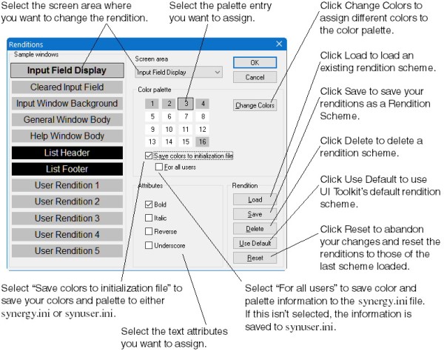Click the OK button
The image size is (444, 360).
(x=255, y=63)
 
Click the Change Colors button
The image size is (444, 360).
(x=255, y=105)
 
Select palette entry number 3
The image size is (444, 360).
(x=186, y=104)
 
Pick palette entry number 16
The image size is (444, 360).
(x=203, y=141)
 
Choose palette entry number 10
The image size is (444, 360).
(x=169, y=130)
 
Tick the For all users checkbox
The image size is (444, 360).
(x=159, y=167)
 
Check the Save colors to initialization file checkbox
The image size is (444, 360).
(x=149, y=156)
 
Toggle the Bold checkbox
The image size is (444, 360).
(x=149, y=204)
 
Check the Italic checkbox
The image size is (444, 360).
(x=149, y=218)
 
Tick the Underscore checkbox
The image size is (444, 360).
(x=149, y=245)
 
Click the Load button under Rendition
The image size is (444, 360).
(x=255, y=199)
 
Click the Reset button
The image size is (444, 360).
(x=255, y=258)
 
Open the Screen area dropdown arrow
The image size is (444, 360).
(x=218, y=73)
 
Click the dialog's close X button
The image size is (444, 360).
(x=279, y=44)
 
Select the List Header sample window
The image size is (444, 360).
(x=67, y=153)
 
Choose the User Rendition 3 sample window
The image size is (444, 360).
(x=67, y=219)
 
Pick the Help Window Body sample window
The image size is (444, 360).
(x=67, y=136)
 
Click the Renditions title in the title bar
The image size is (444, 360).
(x=26, y=44)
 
